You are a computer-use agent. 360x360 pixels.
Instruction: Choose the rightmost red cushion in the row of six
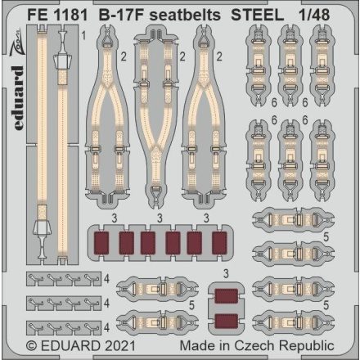click(219, 244)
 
